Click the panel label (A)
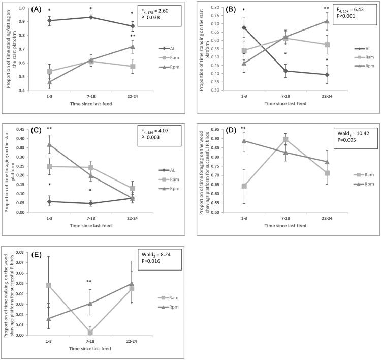[25, 10]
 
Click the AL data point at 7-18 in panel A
[91, 17]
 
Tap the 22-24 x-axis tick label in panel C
[132, 218]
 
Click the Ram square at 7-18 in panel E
[89, 333]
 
